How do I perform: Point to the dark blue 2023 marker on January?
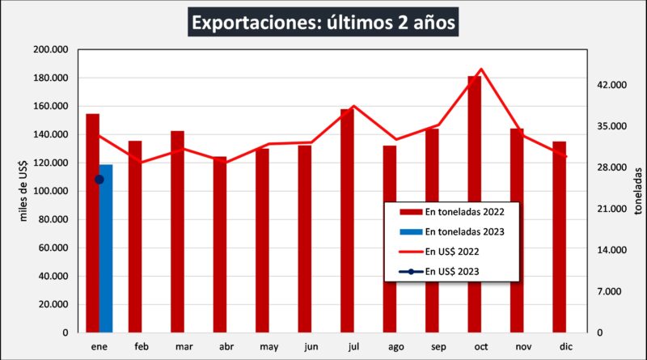click(x=99, y=180)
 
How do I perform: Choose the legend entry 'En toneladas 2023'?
click(x=453, y=231)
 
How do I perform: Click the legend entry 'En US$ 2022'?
click(x=453, y=251)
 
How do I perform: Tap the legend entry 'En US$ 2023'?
click(x=453, y=271)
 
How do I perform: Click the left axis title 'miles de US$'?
click(x=23, y=191)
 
